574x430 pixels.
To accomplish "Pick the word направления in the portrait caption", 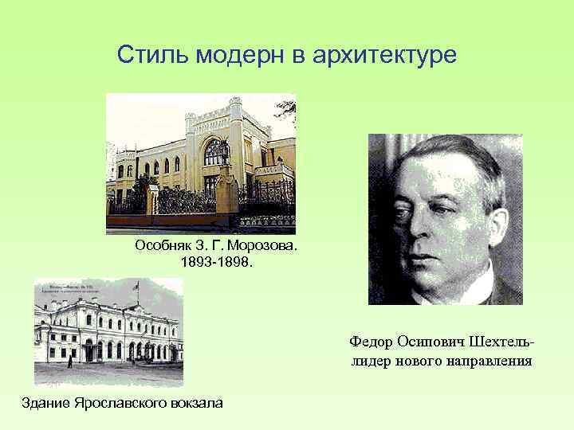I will pyautogui.click(x=486, y=361).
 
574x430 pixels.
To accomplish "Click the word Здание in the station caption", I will pyautogui.click(x=45, y=402).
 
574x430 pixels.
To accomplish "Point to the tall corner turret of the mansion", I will pyautogui.click(x=235, y=119).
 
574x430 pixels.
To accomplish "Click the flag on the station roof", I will pyautogui.click(x=136, y=284).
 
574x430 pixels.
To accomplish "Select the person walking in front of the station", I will pyautogui.click(x=70, y=361).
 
